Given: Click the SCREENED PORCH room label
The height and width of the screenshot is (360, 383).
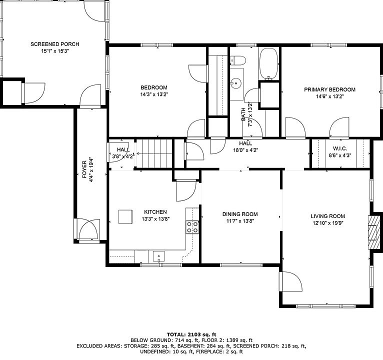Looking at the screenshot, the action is tap(55, 44).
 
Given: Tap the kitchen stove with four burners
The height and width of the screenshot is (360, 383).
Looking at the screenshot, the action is tap(192, 227).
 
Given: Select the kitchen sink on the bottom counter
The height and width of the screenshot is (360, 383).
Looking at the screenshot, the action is tap(159, 256).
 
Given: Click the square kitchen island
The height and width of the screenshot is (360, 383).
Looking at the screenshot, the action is tap(125, 216).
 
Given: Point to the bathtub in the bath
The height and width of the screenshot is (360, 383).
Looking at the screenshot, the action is tap(268, 63).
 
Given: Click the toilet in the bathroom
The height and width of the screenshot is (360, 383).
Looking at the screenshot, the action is tap(237, 60).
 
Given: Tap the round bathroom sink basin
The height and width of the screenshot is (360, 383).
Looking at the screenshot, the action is tap(236, 83).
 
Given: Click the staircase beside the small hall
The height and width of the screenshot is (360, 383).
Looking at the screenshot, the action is tap(154, 153).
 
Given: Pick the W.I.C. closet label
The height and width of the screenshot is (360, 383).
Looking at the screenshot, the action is tap(340, 148).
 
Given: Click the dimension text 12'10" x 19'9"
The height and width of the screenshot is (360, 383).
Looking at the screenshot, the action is tap(328, 223).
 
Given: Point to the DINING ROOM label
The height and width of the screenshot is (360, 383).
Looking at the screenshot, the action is tap(240, 214).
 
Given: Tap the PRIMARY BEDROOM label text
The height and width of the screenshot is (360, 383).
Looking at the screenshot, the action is tap(330, 89).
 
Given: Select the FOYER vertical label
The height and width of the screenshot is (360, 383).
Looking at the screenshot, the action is tap(84, 169).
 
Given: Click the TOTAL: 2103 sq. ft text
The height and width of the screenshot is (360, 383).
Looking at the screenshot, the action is tap(191, 334).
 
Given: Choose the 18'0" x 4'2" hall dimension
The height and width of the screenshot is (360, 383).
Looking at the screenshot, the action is tap(245, 150).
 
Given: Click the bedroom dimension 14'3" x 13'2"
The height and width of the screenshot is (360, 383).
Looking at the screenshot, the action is tap(154, 94).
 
